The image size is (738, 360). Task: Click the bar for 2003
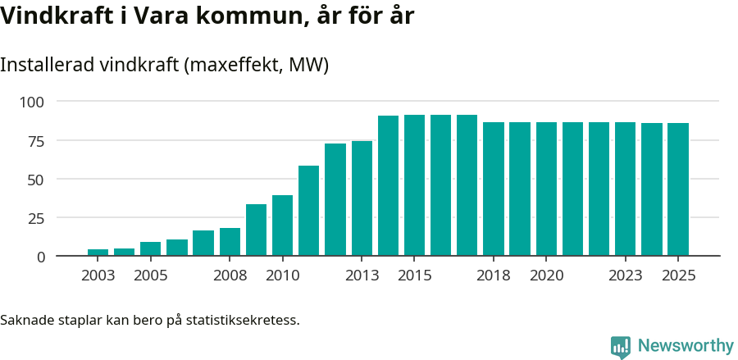pos(98,252)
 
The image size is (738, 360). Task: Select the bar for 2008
pos(230,242)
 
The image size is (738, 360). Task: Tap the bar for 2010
pos(282,226)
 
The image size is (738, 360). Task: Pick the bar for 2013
pos(362,198)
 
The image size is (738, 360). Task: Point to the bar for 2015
pos(414,185)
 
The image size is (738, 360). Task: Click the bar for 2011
pos(308,211)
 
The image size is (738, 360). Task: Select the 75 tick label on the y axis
pos(37,140)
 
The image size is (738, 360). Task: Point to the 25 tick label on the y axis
pos(37,218)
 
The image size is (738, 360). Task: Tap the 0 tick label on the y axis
pos(41,257)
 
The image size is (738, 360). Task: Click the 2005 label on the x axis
pos(151,276)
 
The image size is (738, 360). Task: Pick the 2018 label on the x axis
pos(494,276)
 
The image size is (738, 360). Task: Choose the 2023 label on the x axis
pos(625,276)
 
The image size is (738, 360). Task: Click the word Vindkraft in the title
pos(53,16)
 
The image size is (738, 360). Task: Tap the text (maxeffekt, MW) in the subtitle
pos(257,65)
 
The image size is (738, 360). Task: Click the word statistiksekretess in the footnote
pos(243,319)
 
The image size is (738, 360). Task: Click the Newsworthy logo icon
pos(621,346)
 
